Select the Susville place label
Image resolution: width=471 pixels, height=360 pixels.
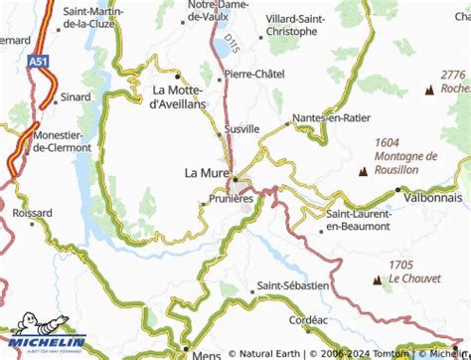click(241, 129)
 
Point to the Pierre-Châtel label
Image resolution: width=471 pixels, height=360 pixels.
click(254, 74)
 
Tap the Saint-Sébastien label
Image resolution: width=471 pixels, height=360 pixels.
click(292, 285)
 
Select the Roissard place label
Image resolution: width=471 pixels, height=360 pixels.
click(33, 212)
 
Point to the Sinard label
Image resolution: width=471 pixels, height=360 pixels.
click(48, 98)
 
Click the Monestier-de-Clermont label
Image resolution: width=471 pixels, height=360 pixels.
click(62, 141)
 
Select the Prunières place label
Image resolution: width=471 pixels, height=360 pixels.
click(233, 199)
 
